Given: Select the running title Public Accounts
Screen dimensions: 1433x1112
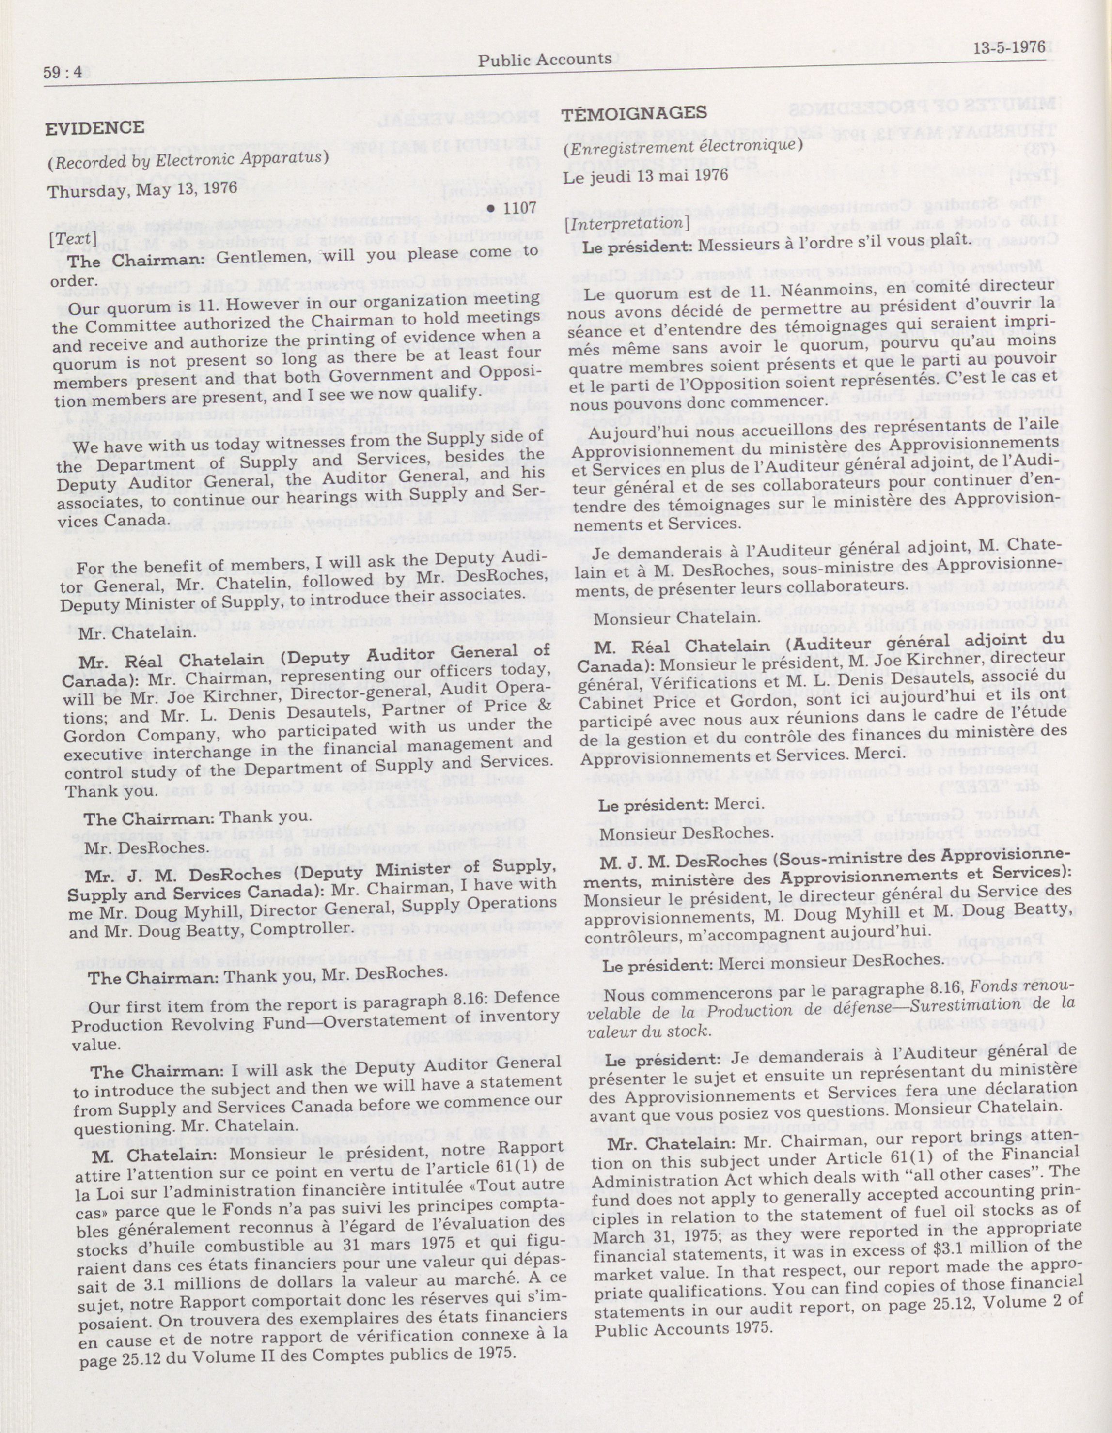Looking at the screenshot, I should tap(544, 60).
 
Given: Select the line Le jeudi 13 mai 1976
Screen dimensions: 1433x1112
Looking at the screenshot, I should tap(646, 175).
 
